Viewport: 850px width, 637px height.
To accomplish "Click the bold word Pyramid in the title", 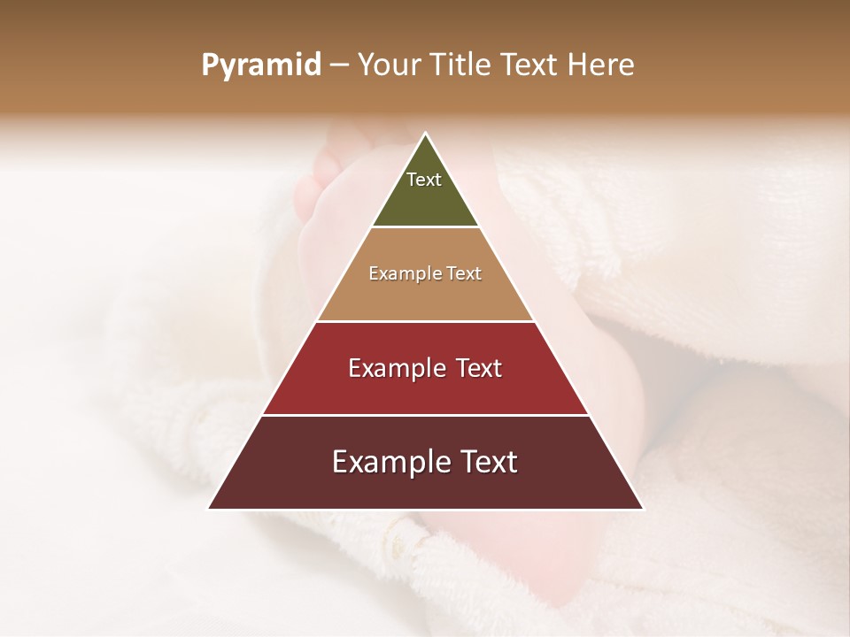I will (261, 65).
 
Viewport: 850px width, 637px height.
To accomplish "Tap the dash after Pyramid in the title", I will (339, 65).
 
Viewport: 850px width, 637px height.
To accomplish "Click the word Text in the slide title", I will (531, 65).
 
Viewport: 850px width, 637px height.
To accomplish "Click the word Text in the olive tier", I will (424, 180).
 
